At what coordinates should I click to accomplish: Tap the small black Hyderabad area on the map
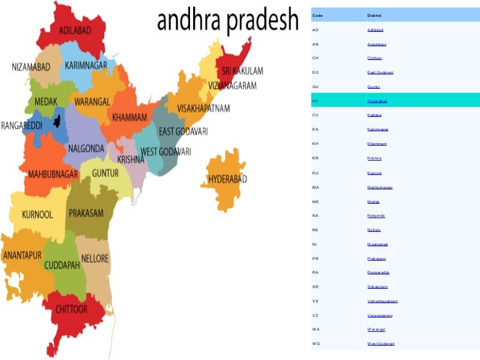[60, 120]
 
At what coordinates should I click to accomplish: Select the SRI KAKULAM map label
[242, 71]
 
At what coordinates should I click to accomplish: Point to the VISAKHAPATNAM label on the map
[203, 108]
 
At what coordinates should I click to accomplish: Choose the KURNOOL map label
[37, 214]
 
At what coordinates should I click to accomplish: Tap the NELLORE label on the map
[95, 258]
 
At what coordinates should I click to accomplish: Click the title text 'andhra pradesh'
[227, 21]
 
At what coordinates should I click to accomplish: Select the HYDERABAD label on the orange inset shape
[227, 179]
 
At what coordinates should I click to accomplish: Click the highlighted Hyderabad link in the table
[377, 101]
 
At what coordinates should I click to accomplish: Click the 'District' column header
[374, 16]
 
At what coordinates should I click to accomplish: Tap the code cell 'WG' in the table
[316, 344]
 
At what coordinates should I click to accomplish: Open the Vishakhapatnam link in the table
[382, 301]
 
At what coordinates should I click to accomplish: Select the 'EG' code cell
[316, 72]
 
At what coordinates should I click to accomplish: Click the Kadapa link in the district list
[375, 115]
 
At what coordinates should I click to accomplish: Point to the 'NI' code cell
[316, 244]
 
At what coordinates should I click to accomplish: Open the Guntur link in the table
[374, 87]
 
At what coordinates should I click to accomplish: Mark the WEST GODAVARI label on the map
[166, 152]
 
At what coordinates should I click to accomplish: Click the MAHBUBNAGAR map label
[52, 174]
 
